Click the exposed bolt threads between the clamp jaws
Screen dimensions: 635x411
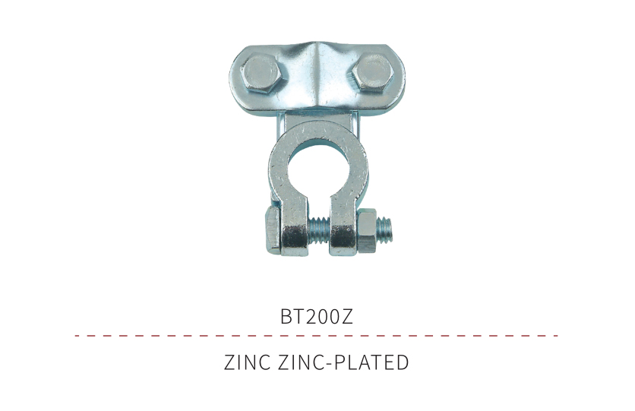point(318,231)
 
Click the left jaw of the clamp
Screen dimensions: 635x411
point(295,226)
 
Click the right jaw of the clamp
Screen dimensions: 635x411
point(343,226)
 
